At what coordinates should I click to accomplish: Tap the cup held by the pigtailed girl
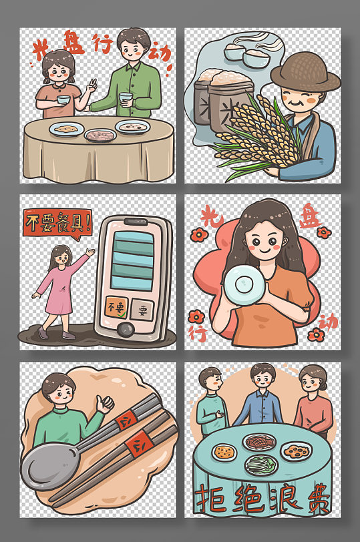[x=63, y=100]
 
